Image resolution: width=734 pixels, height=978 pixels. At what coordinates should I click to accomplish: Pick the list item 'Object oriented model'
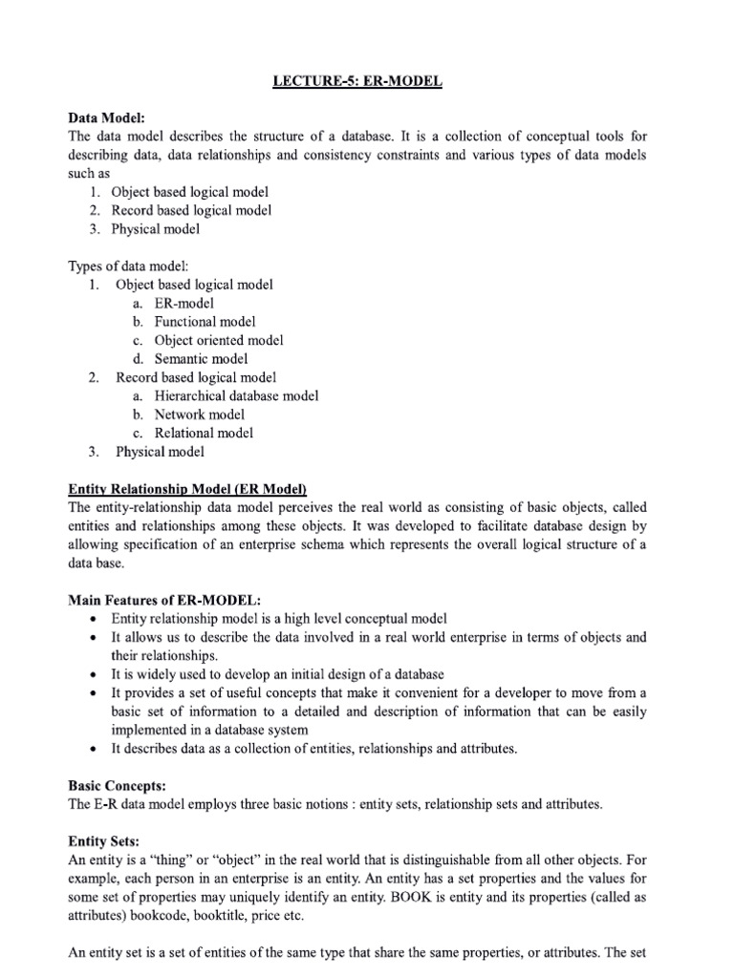tap(219, 340)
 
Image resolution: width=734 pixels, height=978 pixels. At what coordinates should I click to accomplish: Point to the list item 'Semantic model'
tap(201, 359)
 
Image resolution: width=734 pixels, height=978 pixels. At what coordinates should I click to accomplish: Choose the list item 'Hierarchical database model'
tap(236, 395)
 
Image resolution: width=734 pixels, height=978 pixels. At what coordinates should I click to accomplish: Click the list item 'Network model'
tap(199, 415)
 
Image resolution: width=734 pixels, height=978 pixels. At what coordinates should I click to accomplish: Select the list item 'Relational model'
tap(204, 433)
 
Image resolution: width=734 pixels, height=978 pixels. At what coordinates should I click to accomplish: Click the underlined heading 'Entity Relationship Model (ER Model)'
tap(187, 489)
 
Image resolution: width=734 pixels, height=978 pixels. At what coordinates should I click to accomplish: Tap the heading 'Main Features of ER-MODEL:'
tap(151, 600)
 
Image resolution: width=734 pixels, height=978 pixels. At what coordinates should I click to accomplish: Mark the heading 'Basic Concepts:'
tap(117, 785)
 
